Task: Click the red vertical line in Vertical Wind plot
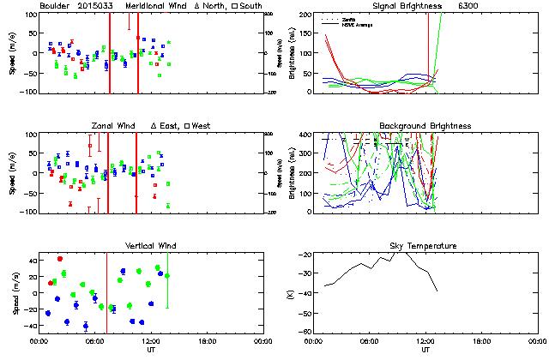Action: [x=106, y=291]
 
